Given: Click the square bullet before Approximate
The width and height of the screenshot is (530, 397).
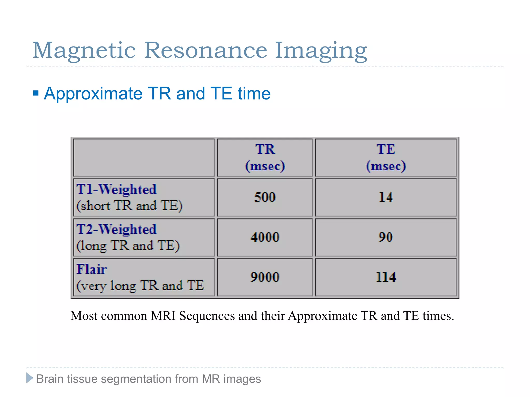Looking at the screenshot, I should coord(36,93).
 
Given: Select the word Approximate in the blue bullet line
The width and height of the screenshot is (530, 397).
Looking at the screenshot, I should coord(93,94).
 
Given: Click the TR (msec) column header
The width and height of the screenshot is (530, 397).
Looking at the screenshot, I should coord(265,157).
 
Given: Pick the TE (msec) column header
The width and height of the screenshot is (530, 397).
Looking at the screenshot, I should coord(386,157).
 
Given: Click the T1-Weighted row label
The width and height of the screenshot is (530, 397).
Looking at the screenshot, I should coord(117,189).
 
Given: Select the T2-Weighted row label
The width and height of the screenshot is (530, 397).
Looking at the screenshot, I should coord(117,229).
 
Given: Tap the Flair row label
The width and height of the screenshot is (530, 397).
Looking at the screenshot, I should coord(92,269).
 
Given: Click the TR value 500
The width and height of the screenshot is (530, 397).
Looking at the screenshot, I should coord(265,197).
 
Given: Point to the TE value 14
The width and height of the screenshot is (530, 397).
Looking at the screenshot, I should coord(386,197).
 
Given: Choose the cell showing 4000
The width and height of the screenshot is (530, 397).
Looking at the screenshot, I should coord(265,237).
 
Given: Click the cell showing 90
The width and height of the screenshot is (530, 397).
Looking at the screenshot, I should coord(386,237).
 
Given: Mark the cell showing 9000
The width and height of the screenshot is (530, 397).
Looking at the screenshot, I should coord(265,277).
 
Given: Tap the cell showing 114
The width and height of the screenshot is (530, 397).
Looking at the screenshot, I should coord(386,277).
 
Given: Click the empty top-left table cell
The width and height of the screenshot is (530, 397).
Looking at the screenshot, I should coord(144,157).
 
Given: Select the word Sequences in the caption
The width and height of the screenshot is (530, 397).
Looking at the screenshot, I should coord(207,316).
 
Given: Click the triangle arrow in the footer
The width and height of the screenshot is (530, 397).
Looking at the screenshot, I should coord(30,378).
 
